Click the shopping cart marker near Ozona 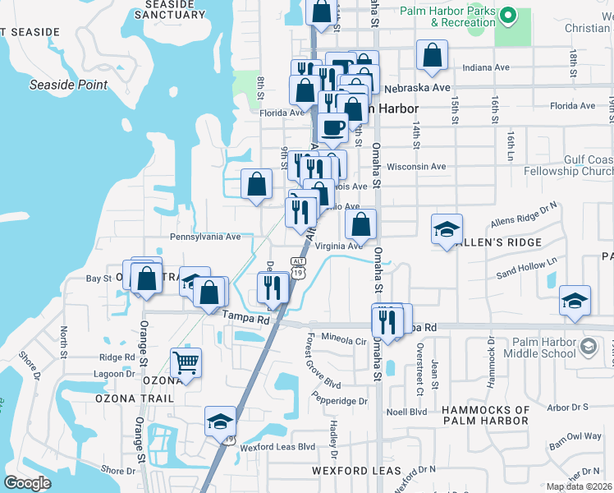(186, 362)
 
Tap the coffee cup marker (333, 127)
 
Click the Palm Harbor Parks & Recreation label (447, 17)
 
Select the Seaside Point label (69, 85)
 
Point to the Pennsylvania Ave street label (205, 237)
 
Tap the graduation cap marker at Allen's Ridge (447, 229)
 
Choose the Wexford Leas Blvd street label (278, 447)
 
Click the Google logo (27, 482)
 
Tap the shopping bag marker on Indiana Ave (432, 56)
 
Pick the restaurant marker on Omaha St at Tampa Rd (388, 320)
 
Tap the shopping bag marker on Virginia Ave (360, 224)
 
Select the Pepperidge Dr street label (339, 401)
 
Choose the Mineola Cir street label (343, 339)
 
